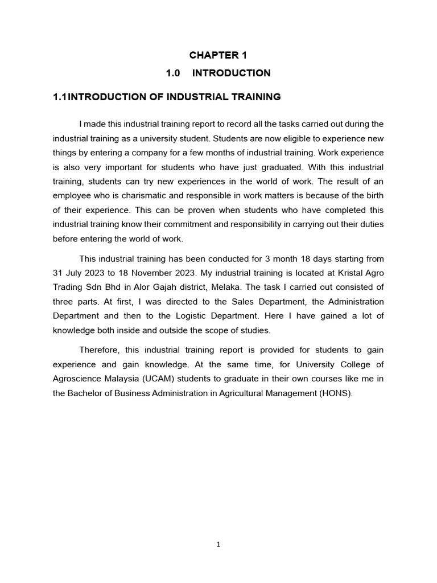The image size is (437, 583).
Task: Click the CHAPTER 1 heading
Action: tap(218, 55)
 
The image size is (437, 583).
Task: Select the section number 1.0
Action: tap(173, 73)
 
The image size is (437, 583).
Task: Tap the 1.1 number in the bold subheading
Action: tap(60, 97)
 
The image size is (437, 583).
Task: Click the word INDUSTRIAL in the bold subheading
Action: tap(196, 97)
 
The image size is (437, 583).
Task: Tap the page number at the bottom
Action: tap(218, 544)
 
